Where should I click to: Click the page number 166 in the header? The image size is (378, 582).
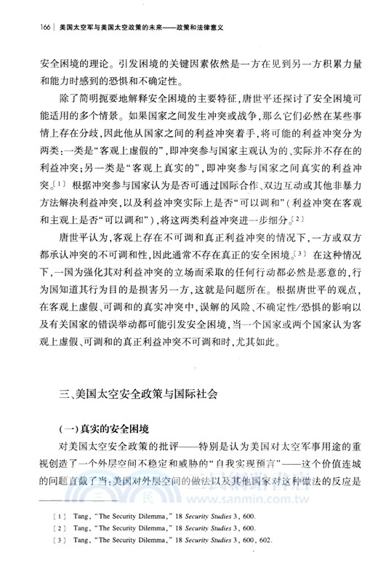click(26, 27)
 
